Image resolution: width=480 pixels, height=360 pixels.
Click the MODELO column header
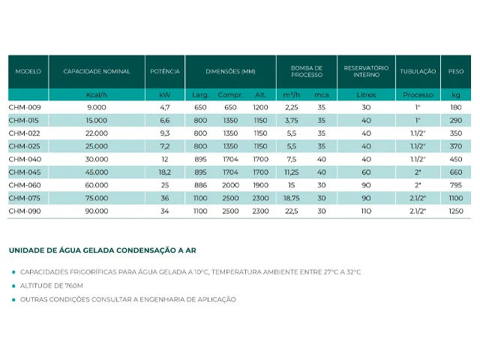[28, 71]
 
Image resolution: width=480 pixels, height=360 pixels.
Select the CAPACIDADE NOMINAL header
[97, 71]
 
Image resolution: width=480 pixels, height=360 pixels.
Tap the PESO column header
[456, 71]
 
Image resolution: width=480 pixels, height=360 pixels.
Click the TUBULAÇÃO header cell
[418, 71]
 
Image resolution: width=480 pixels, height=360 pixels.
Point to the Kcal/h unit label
[97, 95]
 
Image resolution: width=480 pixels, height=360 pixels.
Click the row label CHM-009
[25, 107]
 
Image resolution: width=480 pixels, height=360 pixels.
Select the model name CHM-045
[25, 172]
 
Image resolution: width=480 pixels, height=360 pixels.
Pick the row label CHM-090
[25, 211]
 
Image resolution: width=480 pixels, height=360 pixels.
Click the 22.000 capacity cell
[97, 133]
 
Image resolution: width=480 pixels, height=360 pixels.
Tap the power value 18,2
[165, 172]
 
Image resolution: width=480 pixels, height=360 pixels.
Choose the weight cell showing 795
[456, 185]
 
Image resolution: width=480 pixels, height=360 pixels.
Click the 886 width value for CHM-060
[200, 185]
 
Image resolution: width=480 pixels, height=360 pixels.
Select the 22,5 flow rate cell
[292, 211]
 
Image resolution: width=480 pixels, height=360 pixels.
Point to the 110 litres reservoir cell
[366, 211]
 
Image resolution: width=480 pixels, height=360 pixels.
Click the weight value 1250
[456, 211]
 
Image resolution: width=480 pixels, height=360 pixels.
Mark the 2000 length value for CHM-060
[230, 185]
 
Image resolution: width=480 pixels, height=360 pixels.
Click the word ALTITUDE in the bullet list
[37, 286]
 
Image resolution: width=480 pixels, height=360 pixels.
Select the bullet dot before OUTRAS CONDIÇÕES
[13, 300]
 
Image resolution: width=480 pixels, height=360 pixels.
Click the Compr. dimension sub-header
[230, 95]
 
